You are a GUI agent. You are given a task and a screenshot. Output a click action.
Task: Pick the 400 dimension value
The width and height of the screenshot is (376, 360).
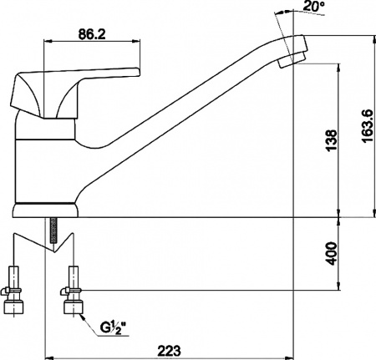tap(333, 254)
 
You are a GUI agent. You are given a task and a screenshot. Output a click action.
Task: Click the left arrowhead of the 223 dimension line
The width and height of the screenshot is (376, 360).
tap(43, 354)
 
